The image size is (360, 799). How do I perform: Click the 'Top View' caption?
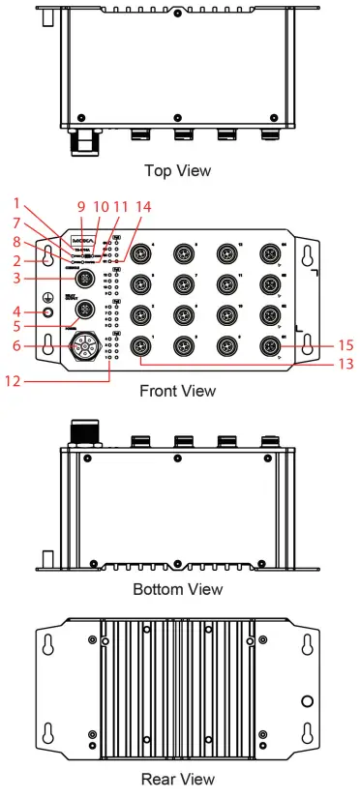(x=177, y=171)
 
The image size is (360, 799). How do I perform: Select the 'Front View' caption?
(x=178, y=392)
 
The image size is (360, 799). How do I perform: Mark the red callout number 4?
(x=16, y=311)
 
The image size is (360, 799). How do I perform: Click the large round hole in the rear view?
(x=307, y=700)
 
